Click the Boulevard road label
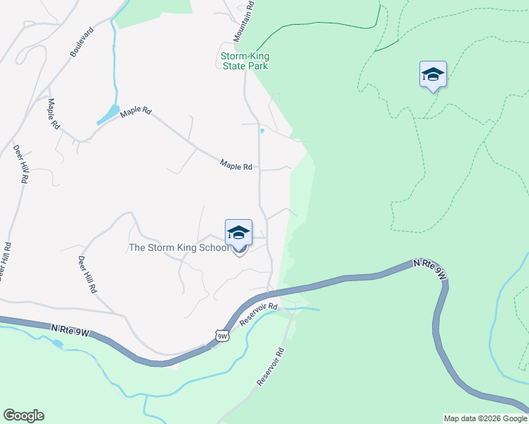coord(83,43)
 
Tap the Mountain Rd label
coord(244,21)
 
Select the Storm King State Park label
coord(245,61)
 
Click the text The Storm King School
coord(179,248)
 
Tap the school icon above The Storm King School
coord(238,232)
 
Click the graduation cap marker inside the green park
coord(433,74)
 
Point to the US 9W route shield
coord(222,336)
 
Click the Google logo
coord(23,416)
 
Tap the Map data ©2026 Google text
coord(485,418)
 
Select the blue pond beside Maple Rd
coord(110,113)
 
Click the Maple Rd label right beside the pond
coord(136,112)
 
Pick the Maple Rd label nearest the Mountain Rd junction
coord(236,166)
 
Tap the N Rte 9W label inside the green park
coord(431,268)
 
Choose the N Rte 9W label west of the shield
coord(70,329)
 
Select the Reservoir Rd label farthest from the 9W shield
coord(271,366)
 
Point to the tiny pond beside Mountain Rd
coord(262,131)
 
